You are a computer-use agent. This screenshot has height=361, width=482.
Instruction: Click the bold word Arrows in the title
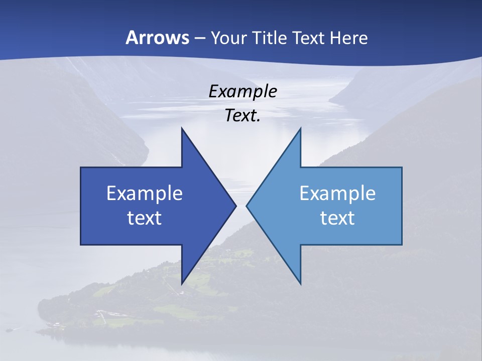(x=157, y=38)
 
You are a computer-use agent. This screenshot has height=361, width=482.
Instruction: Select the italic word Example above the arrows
(x=243, y=91)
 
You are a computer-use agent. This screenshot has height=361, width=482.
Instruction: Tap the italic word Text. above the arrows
(x=243, y=115)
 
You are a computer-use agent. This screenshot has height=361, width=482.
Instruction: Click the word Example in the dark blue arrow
(x=145, y=194)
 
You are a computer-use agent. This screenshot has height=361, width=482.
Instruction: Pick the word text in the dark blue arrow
(x=145, y=218)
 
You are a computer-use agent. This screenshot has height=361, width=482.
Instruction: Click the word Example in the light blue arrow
(x=337, y=194)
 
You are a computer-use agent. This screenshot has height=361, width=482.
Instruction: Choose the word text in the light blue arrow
(x=337, y=218)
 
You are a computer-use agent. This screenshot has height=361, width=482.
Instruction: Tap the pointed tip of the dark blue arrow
(x=235, y=206)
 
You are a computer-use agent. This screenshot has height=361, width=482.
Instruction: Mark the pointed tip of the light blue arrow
(x=247, y=206)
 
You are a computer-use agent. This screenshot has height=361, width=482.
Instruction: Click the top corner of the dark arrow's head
(x=182, y=128)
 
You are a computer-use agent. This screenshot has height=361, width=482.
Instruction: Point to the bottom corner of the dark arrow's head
(x=182, y=284)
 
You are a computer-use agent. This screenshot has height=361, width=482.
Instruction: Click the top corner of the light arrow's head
(x=300, y=128)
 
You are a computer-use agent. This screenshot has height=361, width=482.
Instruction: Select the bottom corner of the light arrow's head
(x=300, y=284)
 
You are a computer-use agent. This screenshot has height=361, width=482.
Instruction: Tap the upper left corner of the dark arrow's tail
(x=81, y=168)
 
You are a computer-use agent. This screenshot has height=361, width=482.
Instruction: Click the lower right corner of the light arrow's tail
(x=401, y=244)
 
